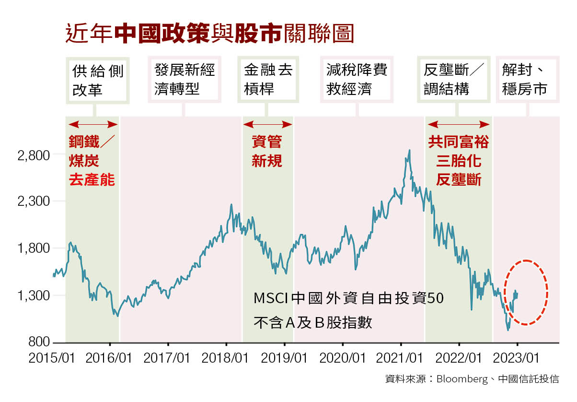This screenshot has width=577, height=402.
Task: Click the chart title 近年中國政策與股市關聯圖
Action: pos(209,34)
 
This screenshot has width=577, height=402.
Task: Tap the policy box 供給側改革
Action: pos(98,80)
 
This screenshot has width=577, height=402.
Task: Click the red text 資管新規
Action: pos(267,151)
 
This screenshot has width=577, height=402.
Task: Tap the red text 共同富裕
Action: pos(458,142)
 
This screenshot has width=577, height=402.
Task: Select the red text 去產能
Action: pos(92,180)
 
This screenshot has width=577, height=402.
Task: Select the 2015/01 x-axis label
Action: pos(52,358)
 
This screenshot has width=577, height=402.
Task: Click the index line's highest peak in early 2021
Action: pos(409,150)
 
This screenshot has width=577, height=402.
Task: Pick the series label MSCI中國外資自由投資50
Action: pos(348,298)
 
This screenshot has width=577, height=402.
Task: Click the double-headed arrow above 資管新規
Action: pos(267,125)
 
